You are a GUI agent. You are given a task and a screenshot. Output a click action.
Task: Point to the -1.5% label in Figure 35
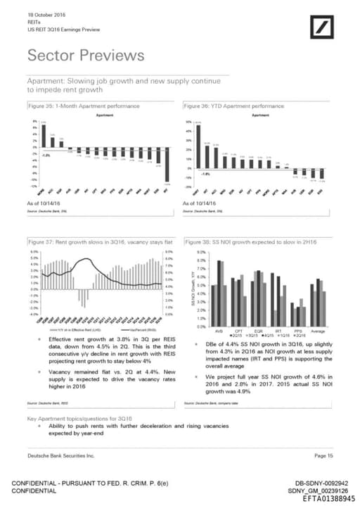(x=46, y=154)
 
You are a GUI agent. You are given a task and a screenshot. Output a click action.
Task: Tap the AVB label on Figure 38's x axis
(x=219, y=329)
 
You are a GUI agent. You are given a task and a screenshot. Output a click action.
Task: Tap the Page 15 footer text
(x=323, y=457)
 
